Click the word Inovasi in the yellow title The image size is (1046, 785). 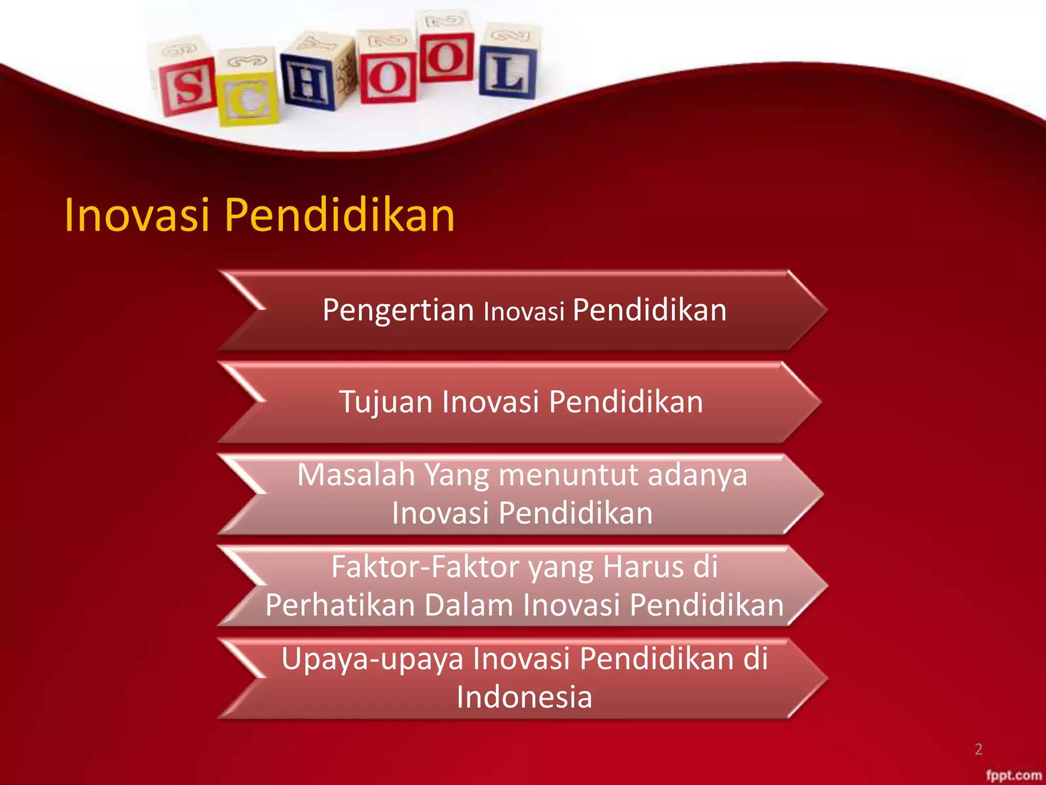137,215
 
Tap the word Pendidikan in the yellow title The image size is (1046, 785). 340,215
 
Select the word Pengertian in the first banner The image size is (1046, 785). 398,310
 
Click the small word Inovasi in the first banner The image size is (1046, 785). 524,312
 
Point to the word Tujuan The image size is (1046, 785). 387,402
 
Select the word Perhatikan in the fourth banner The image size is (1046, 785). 340,605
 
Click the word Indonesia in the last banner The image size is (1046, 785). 525,697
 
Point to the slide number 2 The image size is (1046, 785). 978,749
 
